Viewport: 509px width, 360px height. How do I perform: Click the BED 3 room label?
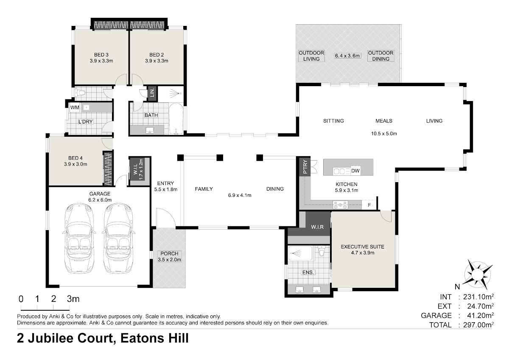point(101,55)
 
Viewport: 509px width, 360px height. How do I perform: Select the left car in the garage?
point(79,238)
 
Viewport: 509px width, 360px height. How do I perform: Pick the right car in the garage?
point(118,238)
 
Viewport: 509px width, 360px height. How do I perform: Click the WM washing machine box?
point(75,107)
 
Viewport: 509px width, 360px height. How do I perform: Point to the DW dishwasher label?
point(355,171)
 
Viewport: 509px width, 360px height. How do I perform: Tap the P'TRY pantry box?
point(305,166)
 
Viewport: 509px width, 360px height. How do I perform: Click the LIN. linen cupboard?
point(152,93)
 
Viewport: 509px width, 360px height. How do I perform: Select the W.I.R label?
point(317,227)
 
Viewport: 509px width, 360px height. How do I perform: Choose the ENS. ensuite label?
point(308,272)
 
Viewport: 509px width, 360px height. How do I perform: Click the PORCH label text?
point(169,253)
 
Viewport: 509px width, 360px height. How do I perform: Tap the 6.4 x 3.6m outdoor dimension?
point(347,56)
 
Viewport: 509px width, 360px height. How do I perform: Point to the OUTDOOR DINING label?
point(380,56)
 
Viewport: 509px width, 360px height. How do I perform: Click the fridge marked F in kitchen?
point(369,205)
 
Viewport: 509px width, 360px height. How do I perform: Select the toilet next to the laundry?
point(80,93)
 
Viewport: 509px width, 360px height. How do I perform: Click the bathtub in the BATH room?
point(176,119)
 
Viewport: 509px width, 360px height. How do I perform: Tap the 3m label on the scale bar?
point(73,298)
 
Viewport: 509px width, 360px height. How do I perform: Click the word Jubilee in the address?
point(70,338)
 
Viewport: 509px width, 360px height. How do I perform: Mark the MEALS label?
point(384,121)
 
